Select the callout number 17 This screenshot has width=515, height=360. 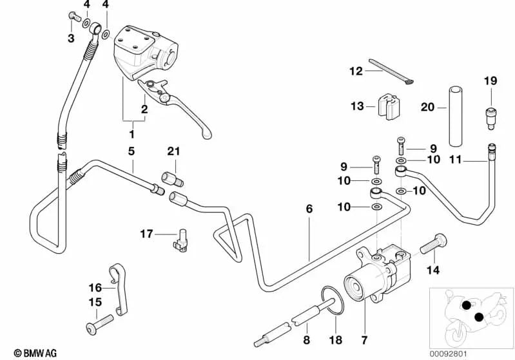pyautogui.click(x=147, y=234)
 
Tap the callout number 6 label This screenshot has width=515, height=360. pyautogui.click(x=309, y=209)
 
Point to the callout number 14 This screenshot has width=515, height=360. pyautogui.click(x=433, y=269)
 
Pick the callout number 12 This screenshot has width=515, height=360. pyautogui.click(x=356, y=71)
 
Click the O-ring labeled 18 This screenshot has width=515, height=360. pyautogui.click(x=332, y=301)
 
